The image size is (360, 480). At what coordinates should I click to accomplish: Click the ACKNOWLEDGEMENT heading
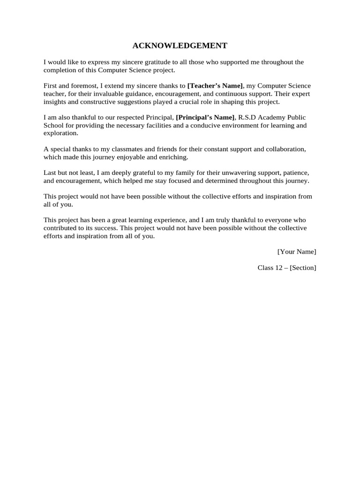(x=180, y=45)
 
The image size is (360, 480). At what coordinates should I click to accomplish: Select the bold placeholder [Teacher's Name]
(x=215, y=86)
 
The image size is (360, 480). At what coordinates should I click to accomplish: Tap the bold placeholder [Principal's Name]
(x=205, y=118)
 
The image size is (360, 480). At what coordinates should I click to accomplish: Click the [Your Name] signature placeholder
(x=297, y=252)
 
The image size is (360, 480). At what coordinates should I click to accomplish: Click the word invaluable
(x=96, y=94)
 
